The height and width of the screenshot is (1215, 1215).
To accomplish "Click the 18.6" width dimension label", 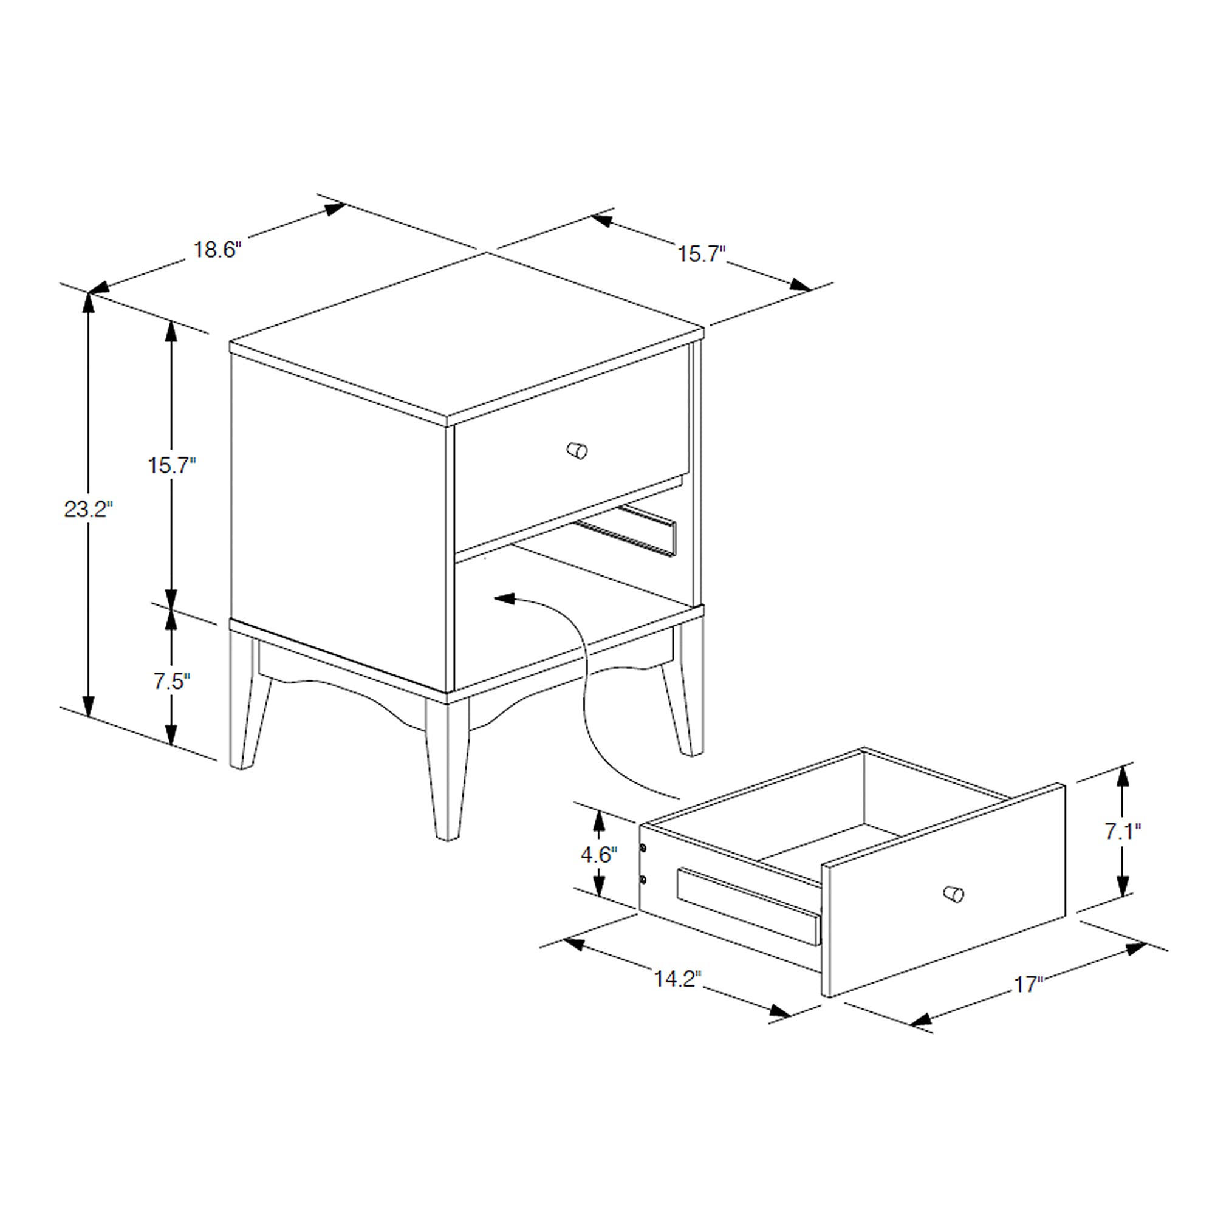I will [217, 250].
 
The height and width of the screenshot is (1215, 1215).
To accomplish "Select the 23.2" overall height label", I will [88, 508].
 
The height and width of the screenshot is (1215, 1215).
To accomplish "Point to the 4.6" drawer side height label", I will [599, 855].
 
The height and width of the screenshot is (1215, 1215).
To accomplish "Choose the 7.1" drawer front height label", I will [1123, 832].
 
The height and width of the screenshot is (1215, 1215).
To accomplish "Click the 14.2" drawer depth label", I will [677, 979].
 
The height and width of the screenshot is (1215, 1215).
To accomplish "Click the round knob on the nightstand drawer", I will [577, 450].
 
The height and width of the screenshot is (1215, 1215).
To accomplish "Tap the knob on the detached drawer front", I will [953, 893].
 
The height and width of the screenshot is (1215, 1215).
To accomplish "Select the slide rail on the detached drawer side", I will [748, 906].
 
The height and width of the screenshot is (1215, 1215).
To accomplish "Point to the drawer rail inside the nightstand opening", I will [629, 532].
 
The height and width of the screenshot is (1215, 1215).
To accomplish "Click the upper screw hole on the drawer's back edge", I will [643, 848].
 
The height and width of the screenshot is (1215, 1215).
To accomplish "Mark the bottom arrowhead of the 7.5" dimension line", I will [171, 734].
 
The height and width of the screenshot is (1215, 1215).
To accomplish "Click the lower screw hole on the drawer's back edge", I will [643, 878].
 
